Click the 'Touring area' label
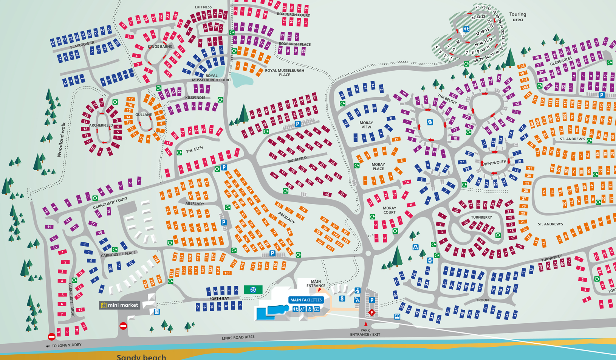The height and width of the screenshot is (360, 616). (x=518, y=17)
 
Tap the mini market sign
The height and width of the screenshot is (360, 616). (x=119, y=305)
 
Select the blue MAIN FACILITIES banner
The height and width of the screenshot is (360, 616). (x=306, y=300)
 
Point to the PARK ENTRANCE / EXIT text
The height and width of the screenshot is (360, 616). (x=365, y=332)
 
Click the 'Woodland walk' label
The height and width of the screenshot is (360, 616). (x=61, y=140)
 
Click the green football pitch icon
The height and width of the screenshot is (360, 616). (x=253, y=290)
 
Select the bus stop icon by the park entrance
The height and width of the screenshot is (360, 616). (x=397, y=317)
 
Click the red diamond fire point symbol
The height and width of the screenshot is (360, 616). (x=372, y=313)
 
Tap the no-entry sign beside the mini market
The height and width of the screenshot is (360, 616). (x=123, y=326)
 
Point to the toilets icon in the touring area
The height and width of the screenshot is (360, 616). (x=466, y=29)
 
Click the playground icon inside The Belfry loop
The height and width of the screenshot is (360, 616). (x=430, y=123)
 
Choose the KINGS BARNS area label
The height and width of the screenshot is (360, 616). (x=160, y=47)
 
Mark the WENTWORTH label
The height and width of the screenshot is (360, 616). (x=494, y=163)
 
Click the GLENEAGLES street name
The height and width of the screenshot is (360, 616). (x=561, y=62)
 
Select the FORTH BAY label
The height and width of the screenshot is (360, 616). (x=219, y=299)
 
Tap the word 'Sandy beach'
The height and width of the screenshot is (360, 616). (x=141, y=357)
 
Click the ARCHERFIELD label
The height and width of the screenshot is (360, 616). (x=101, y=125)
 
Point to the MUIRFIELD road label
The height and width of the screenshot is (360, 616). (x=297, y=160)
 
